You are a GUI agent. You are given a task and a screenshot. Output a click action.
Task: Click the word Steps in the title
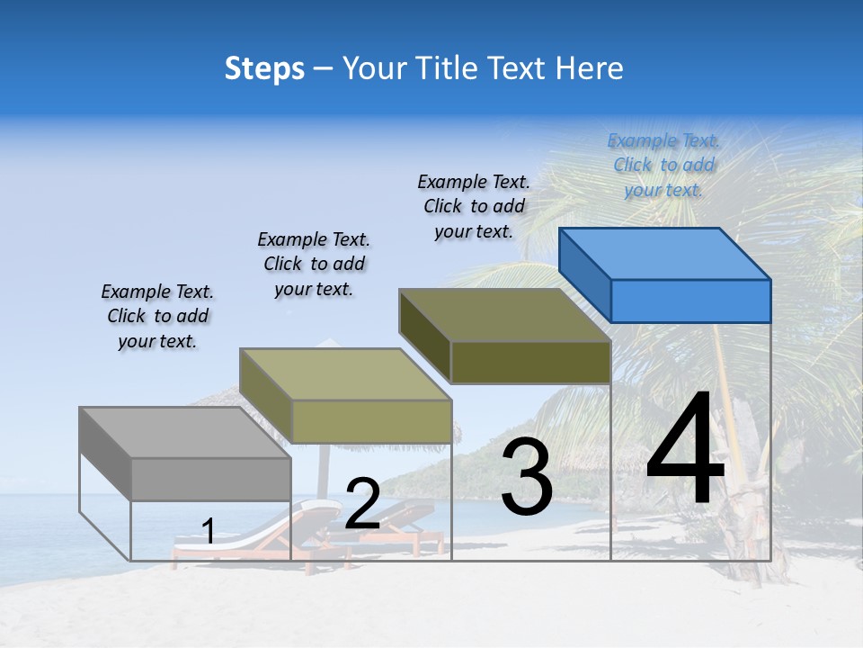[264, 68]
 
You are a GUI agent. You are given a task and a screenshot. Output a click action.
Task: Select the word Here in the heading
[590, 68]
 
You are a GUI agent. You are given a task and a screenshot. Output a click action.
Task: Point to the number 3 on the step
[527, 477]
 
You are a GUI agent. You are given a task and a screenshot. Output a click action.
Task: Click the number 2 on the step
[362, 504]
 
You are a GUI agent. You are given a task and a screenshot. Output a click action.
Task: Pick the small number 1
[208, 532]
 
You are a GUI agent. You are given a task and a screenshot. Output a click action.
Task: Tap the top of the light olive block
[345, 374]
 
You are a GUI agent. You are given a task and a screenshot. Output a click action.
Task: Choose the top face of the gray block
[185, 433]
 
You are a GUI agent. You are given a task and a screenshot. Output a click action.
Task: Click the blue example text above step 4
[664, 166]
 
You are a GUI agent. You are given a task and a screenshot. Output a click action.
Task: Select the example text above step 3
[474, 206]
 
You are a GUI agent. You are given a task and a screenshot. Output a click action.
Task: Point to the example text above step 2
[314, 264]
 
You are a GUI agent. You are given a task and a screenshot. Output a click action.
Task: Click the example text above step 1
[157, 316]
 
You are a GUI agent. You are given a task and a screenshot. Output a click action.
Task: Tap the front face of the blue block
[690, 301]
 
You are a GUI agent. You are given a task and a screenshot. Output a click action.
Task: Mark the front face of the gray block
[210, 479]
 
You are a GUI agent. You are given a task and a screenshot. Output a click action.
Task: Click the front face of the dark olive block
[530, 363]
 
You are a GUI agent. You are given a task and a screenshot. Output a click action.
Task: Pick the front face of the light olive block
[370, 421]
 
